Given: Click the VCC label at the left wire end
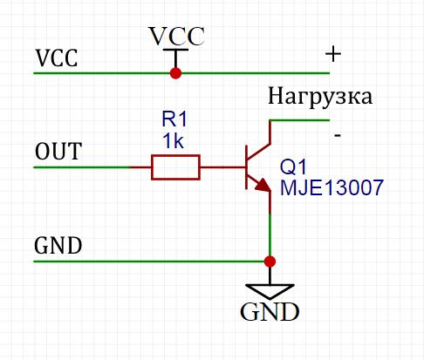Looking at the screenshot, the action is click(x=57, y=58).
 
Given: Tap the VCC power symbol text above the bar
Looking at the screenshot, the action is click(x=176, y=36).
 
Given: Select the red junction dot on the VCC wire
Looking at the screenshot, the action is click(x=175, y=73).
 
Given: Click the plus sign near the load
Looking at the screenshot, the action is click(x=333, y=54).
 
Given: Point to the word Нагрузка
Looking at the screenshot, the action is click(x=320, y=97).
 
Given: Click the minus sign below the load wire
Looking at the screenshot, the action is click(x=338, y=135).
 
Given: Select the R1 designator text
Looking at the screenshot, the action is click(x=174, y=119).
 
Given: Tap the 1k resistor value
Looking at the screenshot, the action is click(x=173, y=141).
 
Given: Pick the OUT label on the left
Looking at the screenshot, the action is click(x=58, y=152).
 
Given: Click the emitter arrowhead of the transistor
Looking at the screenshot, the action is click(x=263, y=185).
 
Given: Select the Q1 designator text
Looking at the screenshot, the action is click(x=293, y=167).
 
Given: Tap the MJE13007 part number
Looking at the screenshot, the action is click(x=332, y=187).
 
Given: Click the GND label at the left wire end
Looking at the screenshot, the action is click(x=58, y=246).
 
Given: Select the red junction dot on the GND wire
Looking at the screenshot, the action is click(x=270, y=262).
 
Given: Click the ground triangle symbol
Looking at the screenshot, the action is click(x=270, y=291).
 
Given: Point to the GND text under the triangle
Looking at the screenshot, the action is click(x=270, y=312).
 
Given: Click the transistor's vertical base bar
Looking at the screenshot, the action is click(x=247, y=167).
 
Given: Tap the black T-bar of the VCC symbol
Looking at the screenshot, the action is click(x=175, y=50).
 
